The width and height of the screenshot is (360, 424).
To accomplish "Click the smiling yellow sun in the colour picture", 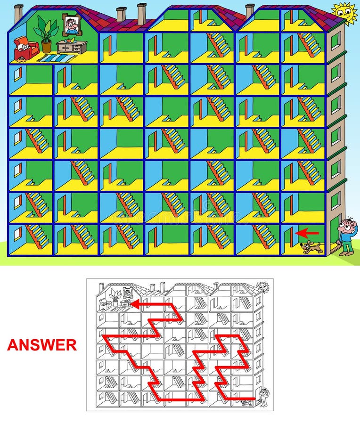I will tap(344, 12).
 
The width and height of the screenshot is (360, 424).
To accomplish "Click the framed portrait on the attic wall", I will tap(71, 24).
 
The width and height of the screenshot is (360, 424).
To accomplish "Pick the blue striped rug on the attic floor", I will tap(57, 58).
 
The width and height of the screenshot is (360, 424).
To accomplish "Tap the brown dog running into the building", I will tap(311, 246).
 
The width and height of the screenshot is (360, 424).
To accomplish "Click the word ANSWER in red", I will tap(41, 345).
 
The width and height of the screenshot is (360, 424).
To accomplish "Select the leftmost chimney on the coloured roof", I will tap(18, 13).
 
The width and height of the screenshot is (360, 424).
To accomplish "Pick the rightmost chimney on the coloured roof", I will tap(250, 10).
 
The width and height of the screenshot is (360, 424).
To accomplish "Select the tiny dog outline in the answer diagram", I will tap(245, 403).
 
